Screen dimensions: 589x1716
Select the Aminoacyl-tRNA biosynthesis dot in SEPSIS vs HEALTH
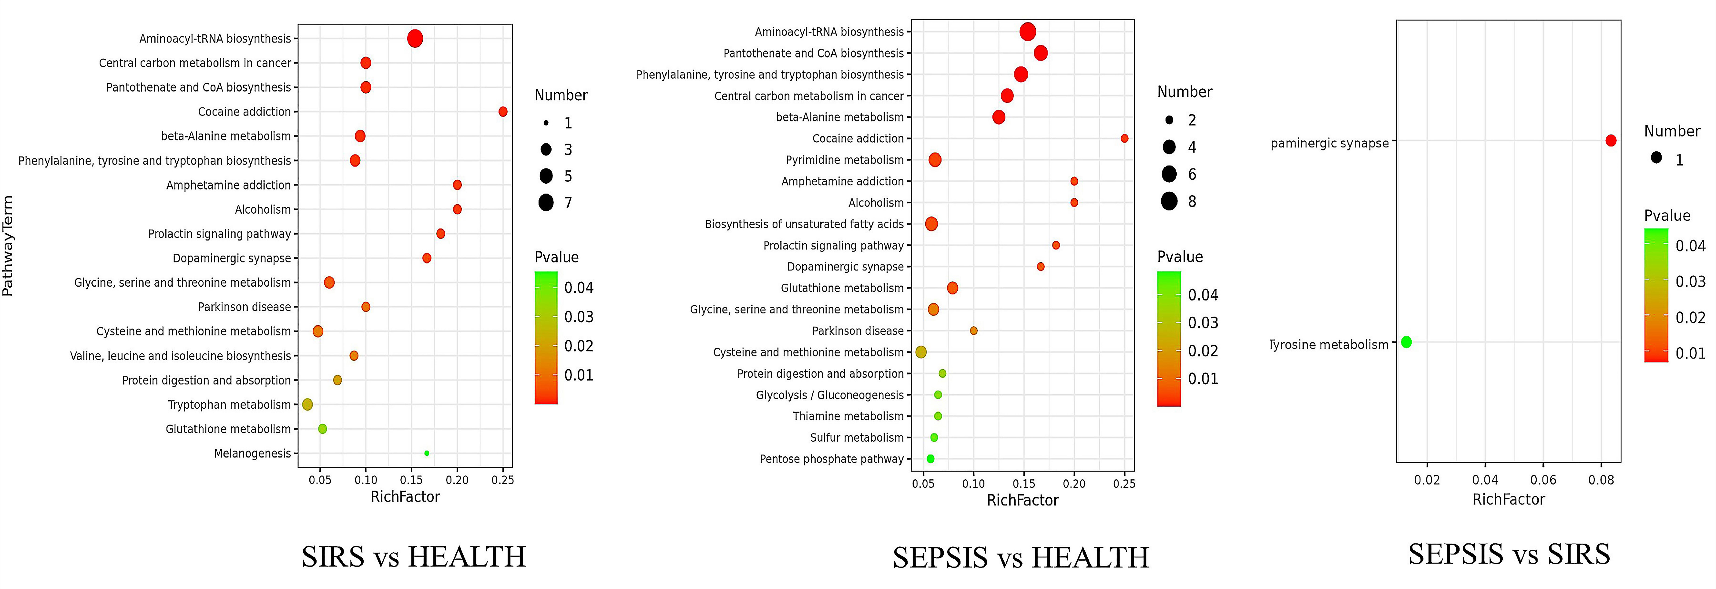[1028, 31]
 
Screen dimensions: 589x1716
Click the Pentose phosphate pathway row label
[831, 459]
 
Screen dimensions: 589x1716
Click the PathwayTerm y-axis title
[8, 245]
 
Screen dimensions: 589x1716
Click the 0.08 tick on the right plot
[1601, 480]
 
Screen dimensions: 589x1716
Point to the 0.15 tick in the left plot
[411, 480]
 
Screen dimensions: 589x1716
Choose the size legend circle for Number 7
[546, 203]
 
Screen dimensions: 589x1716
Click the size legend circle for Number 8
[1169, 201]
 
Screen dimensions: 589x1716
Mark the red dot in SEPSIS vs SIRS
[1611, 141]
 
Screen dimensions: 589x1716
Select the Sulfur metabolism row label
[857, 438]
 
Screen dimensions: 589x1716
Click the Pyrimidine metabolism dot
[935, 160]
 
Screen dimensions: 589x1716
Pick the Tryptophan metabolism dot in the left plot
[307, 404]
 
